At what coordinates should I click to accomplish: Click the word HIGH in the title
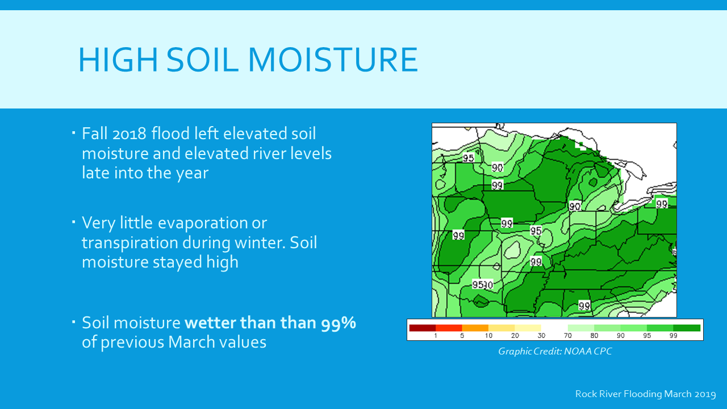click(118, 60)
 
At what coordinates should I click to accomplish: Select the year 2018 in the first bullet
click(129, 133)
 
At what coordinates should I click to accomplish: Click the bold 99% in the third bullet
click(339, 323)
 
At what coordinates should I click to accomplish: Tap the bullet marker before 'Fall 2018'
click(74, 132)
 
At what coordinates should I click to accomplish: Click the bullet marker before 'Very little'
click(74, 222)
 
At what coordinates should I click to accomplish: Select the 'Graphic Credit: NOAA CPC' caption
click(555, 351)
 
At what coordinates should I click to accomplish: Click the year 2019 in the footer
click(705, 394)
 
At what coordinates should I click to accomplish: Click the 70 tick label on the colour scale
click(567, 336)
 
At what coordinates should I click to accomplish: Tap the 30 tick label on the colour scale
click(541, 336)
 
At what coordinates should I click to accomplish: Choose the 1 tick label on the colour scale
click(436, 336)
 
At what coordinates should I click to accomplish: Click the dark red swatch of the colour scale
click(422, 328)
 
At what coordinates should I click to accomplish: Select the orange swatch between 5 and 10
click(475, 328)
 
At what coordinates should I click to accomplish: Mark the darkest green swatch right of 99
click(687, 328)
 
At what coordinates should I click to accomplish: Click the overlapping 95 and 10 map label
click(483, 285)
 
